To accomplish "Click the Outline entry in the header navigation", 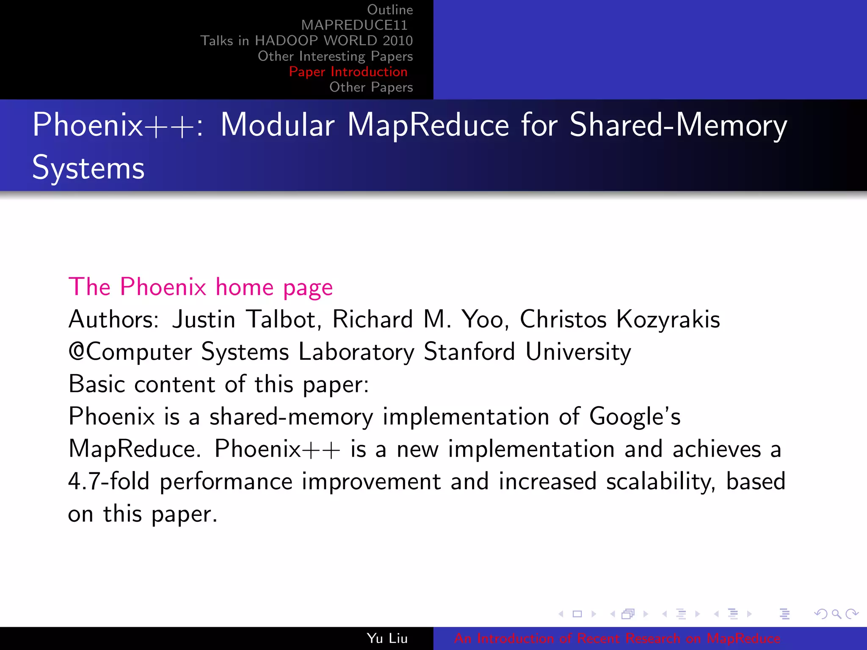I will [389, 10].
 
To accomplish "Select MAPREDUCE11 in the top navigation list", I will [354, 25].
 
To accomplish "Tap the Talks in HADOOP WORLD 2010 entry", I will [306, 41].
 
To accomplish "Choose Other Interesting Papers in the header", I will [335, 56].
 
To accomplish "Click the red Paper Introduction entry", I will [348, 72].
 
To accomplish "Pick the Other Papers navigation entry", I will [371, 87].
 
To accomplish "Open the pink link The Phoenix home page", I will [201, 287].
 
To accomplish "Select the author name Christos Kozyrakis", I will [620, 319].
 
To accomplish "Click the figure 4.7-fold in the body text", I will [109, 482].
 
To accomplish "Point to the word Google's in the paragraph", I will [635, 417].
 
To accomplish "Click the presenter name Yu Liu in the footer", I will [387, 638].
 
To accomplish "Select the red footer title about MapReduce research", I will [617, 638].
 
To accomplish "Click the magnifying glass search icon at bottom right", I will [836, 614].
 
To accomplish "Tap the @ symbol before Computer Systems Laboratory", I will [77, 352].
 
